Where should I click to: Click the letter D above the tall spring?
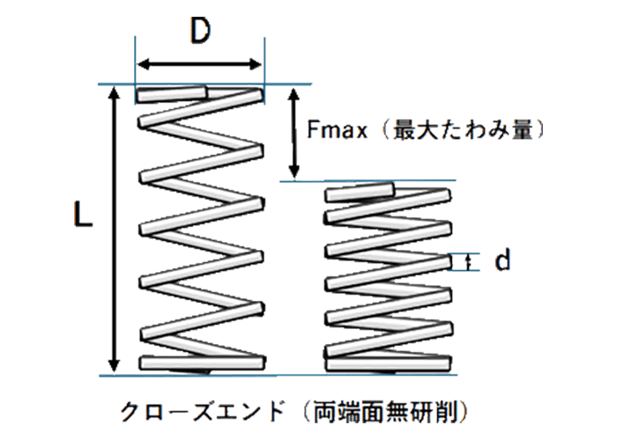(200, 33)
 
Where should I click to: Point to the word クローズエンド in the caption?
(203, 411)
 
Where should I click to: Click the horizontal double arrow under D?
(200, 63)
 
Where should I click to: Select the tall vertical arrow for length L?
(114, 229)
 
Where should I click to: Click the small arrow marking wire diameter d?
(468, 260)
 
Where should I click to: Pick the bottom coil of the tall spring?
(201, 361)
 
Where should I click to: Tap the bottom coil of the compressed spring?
(388, 361)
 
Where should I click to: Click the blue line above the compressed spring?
(370, 180)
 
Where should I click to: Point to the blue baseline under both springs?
(291, 374)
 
